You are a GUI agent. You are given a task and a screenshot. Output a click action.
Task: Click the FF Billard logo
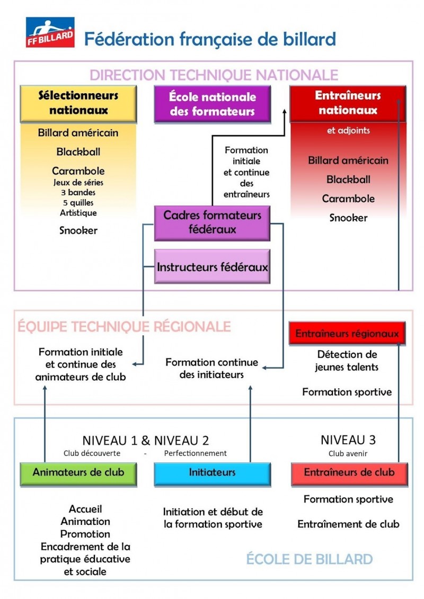click(50, 32)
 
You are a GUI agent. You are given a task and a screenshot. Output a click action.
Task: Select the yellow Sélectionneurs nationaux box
click(78, 103)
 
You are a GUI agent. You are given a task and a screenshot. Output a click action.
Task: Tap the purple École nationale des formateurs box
click(212, 104)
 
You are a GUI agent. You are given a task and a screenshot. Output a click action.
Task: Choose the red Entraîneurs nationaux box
click(348, 103)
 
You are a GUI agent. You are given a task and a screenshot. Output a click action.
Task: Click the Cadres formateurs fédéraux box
click(212, 222)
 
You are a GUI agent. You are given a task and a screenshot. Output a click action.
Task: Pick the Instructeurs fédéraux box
click(212, 266)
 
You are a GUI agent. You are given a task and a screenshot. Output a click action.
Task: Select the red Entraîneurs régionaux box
click(347, 334)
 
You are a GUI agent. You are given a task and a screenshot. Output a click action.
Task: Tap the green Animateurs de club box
click(78, 472)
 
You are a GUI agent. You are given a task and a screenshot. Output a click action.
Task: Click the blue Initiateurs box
click(212, 472)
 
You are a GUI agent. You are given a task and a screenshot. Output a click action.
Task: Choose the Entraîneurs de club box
click(349, 472)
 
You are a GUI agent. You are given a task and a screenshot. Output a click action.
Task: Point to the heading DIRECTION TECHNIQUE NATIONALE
click(214, 75)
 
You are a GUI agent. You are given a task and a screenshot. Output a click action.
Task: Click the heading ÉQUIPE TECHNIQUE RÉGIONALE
click(124, 326)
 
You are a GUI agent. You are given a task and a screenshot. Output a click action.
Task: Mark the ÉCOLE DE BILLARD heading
click(309, 559)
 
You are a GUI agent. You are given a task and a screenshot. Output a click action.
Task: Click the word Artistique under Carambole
click(78, 212)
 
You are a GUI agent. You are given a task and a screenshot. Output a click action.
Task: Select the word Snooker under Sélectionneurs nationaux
click(78, 230)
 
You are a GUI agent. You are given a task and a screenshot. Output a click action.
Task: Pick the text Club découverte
click(92, 453)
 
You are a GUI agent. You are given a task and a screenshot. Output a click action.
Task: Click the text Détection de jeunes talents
click(347, 361)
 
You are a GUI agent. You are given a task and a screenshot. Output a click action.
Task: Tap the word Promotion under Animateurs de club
click(85, 534)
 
